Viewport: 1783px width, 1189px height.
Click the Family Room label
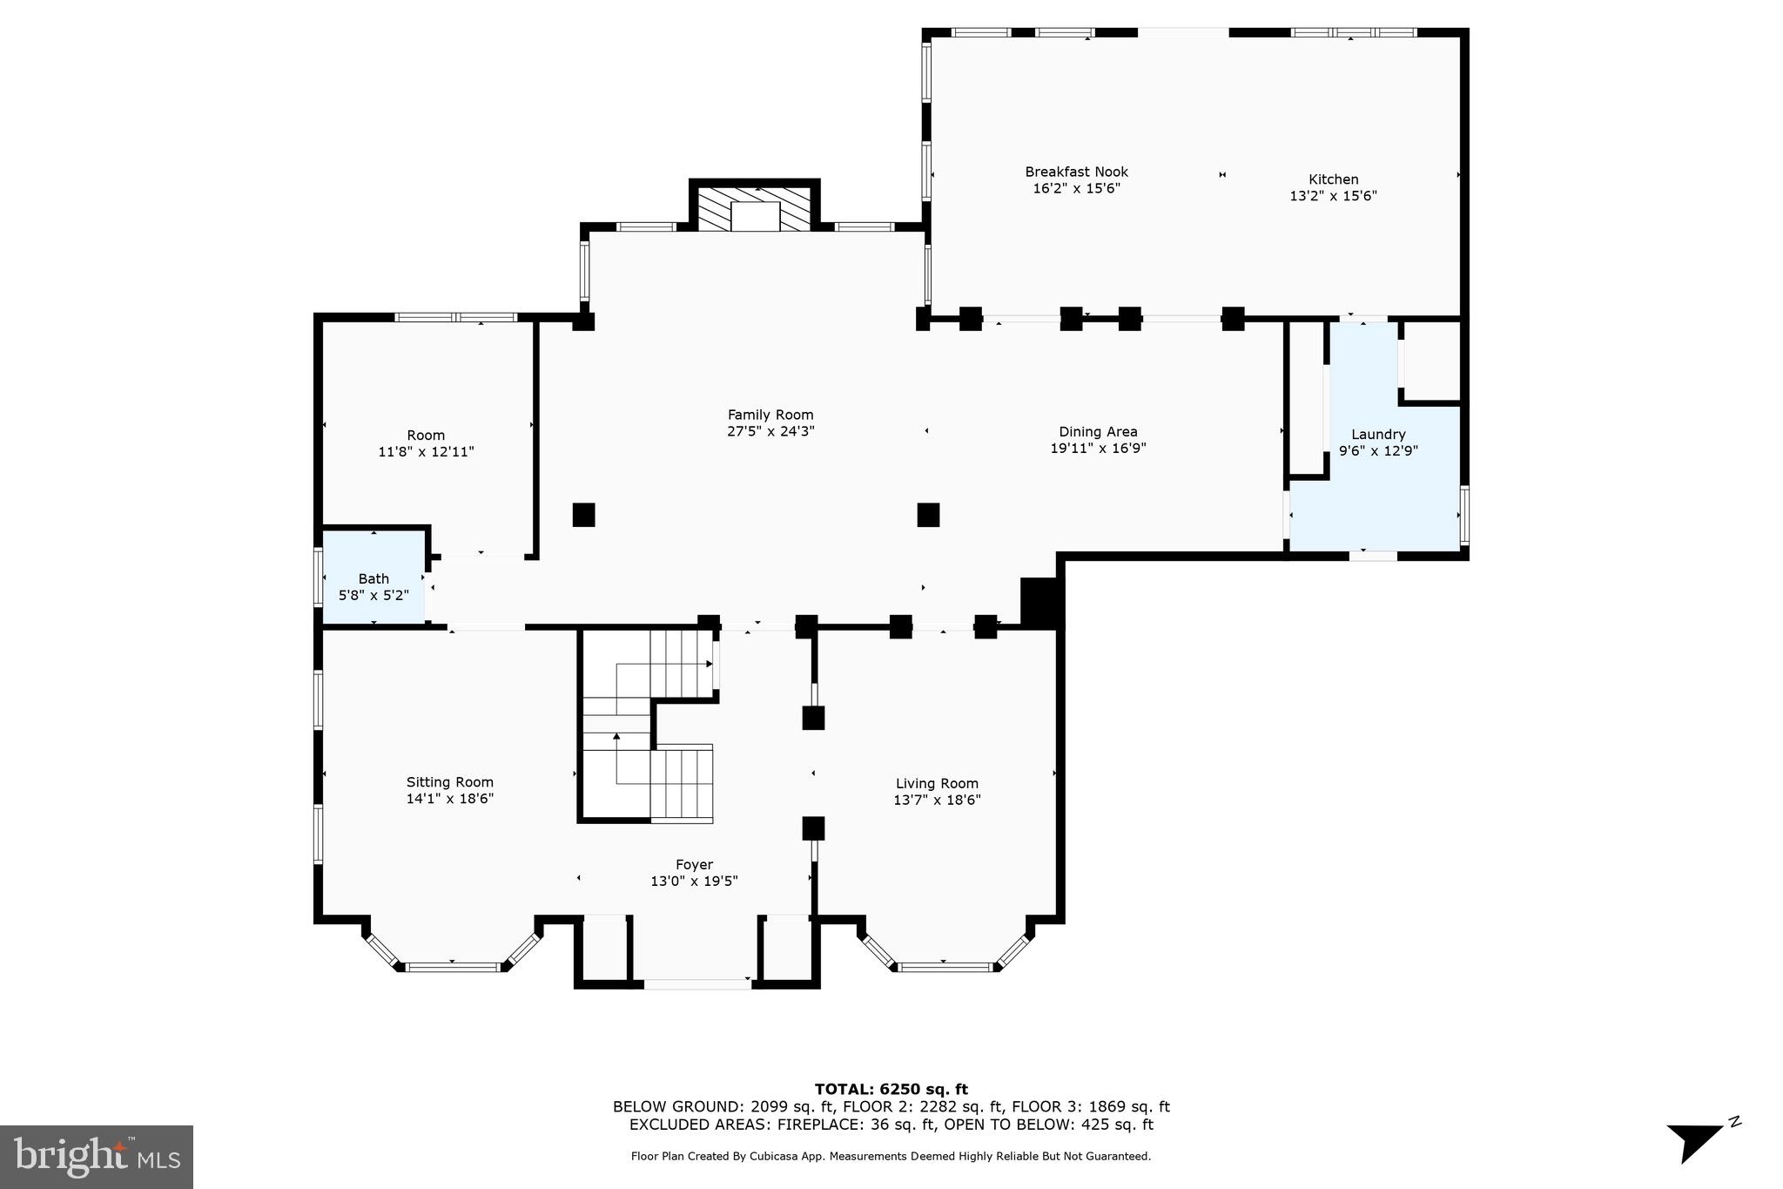(770, 415)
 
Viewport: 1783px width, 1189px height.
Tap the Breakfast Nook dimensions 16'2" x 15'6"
(1076, 188)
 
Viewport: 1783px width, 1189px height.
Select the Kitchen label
(1333, 180)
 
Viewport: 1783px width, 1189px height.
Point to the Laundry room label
(1378, 435)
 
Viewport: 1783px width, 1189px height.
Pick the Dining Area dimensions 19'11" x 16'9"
(1098, 449)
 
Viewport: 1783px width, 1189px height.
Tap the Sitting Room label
(449, 782)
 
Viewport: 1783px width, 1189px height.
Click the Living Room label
(937, 784)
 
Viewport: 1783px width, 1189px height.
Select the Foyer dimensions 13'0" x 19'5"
(694, 882)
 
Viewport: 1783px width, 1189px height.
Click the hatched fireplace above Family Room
(755, 209)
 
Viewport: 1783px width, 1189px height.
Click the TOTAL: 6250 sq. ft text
(891, 1089)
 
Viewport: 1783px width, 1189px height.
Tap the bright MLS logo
(97, 1157)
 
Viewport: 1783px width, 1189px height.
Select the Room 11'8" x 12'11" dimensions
(426, 452)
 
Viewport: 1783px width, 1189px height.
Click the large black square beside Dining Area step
(1041, 601)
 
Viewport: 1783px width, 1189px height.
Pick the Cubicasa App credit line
(891, 1157)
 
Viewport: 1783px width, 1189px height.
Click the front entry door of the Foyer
(696, 984)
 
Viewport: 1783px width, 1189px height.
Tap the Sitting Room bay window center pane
(453, 966)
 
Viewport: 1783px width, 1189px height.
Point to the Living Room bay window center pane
(945, 966)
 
